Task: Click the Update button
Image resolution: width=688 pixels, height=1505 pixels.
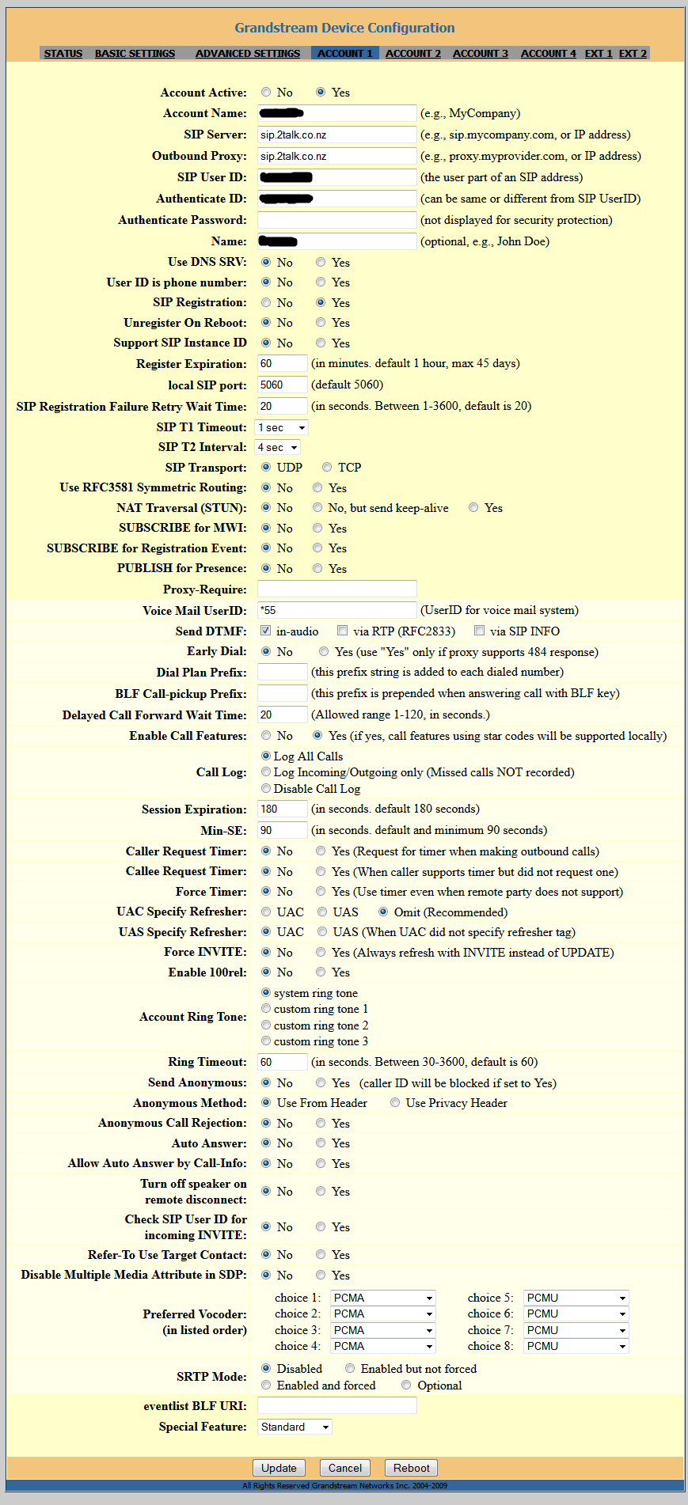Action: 279,1468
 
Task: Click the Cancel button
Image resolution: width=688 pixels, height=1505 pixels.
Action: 345,1468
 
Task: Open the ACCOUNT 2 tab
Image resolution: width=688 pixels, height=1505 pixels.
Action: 413,53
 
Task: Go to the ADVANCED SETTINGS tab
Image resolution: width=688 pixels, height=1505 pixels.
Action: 248,53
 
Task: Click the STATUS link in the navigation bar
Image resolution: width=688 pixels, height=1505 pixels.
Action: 63,53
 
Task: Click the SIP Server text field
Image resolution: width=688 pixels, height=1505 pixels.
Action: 336,135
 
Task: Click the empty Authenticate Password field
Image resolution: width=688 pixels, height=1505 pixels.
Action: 336,220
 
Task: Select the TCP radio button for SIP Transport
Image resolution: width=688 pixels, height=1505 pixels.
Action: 327,468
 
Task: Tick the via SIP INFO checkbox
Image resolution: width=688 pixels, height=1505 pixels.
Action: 479,631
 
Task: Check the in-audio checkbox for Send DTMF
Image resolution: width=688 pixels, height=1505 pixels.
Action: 266,631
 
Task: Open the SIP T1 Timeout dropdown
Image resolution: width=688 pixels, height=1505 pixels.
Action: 281,427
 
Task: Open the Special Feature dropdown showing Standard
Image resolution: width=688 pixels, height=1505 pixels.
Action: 295,1427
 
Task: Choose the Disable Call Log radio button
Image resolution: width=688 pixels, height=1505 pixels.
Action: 266,788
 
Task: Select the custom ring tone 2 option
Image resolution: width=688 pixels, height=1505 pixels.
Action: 266,1025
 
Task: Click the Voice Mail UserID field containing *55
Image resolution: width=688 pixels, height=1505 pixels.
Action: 336,610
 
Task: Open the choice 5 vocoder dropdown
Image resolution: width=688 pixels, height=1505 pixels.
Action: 576,1298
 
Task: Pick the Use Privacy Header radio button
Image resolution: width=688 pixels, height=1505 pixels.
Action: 395,1102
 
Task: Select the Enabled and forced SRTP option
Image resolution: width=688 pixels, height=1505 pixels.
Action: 266,1385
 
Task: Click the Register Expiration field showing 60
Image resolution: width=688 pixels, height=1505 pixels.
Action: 282,363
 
